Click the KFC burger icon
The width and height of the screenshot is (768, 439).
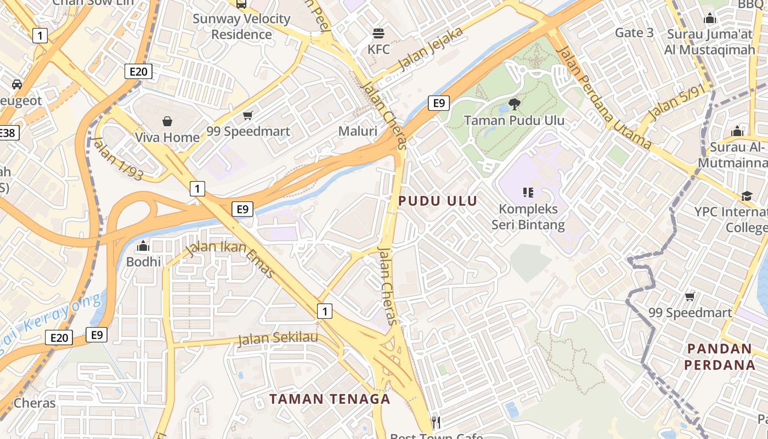[379, 33]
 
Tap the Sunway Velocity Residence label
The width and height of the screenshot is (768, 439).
[241, 26]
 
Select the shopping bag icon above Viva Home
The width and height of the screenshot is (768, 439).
[167, 121]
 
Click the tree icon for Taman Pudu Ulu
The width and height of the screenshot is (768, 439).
[514, 104]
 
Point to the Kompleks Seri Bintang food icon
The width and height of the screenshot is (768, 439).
[528, 192]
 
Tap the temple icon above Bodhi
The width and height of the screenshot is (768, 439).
[143, 245]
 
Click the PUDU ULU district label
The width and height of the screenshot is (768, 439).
[438, 201]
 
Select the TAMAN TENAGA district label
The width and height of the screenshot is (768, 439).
[330, 399]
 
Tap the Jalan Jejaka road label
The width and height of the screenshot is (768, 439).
[431, 49]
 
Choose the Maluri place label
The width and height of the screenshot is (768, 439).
[358, 131]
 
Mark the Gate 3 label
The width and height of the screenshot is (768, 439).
[634, 32]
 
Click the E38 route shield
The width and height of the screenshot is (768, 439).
[7, 133]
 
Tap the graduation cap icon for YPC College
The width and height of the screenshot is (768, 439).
[747, 196]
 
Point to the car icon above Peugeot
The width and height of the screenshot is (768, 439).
[17, 84]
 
